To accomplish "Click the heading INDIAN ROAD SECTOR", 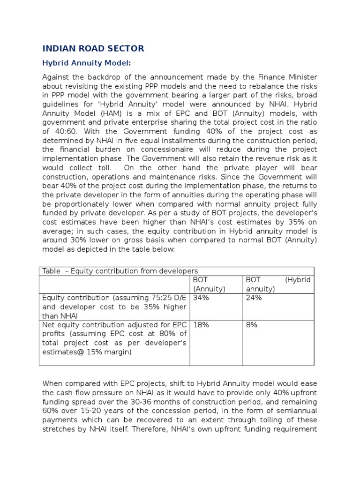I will click(x=93, y=48).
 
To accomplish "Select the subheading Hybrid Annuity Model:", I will click(x=87, y=63).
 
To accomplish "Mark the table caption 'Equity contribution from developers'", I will click(x=135, y=271).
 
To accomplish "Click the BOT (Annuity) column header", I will click(x=209, y=284).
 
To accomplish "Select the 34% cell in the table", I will click(x=201, y=298).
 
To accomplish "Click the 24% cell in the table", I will click(x=254, y=298).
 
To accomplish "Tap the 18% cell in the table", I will click(x=201, y=324).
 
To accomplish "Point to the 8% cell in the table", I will click(x=252, y=324).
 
